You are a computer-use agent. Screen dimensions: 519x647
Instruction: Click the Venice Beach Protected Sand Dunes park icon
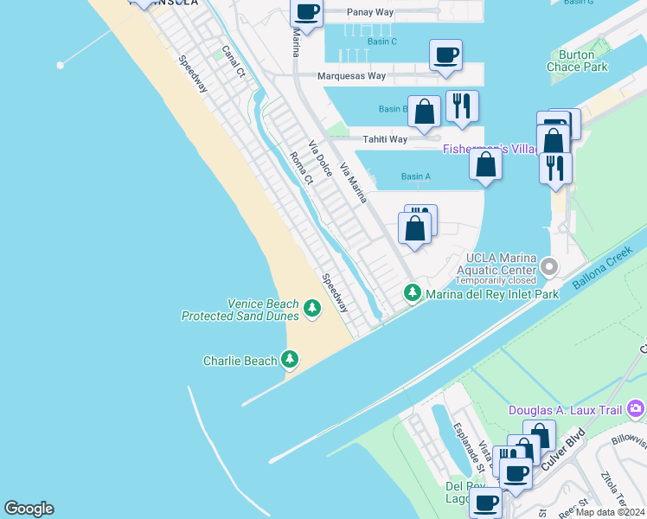pos(311,307)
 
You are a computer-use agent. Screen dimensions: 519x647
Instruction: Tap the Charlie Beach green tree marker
pos(289,360)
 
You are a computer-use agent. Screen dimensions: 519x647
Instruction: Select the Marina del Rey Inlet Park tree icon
pos(413,294)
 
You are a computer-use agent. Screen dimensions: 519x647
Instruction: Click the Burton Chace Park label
pos(577,61)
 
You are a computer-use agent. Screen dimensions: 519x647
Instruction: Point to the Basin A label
pos(416,176)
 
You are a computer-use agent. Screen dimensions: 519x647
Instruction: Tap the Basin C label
pos(381,42)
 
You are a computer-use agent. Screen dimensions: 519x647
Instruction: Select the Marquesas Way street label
pos(351,76)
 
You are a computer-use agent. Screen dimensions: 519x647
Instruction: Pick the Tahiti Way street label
pos(385,139)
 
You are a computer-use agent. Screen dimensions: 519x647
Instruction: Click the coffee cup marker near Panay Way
pos(306,12)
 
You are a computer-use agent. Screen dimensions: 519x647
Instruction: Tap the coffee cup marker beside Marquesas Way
pos(445,55)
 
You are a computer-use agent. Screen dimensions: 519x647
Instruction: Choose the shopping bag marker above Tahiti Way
pos(424,112)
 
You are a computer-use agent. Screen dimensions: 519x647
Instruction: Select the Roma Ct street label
pos(301,169)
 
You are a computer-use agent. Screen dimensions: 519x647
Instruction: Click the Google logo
pos(29,509)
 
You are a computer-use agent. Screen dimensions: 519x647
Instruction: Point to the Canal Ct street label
pos(234,62)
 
